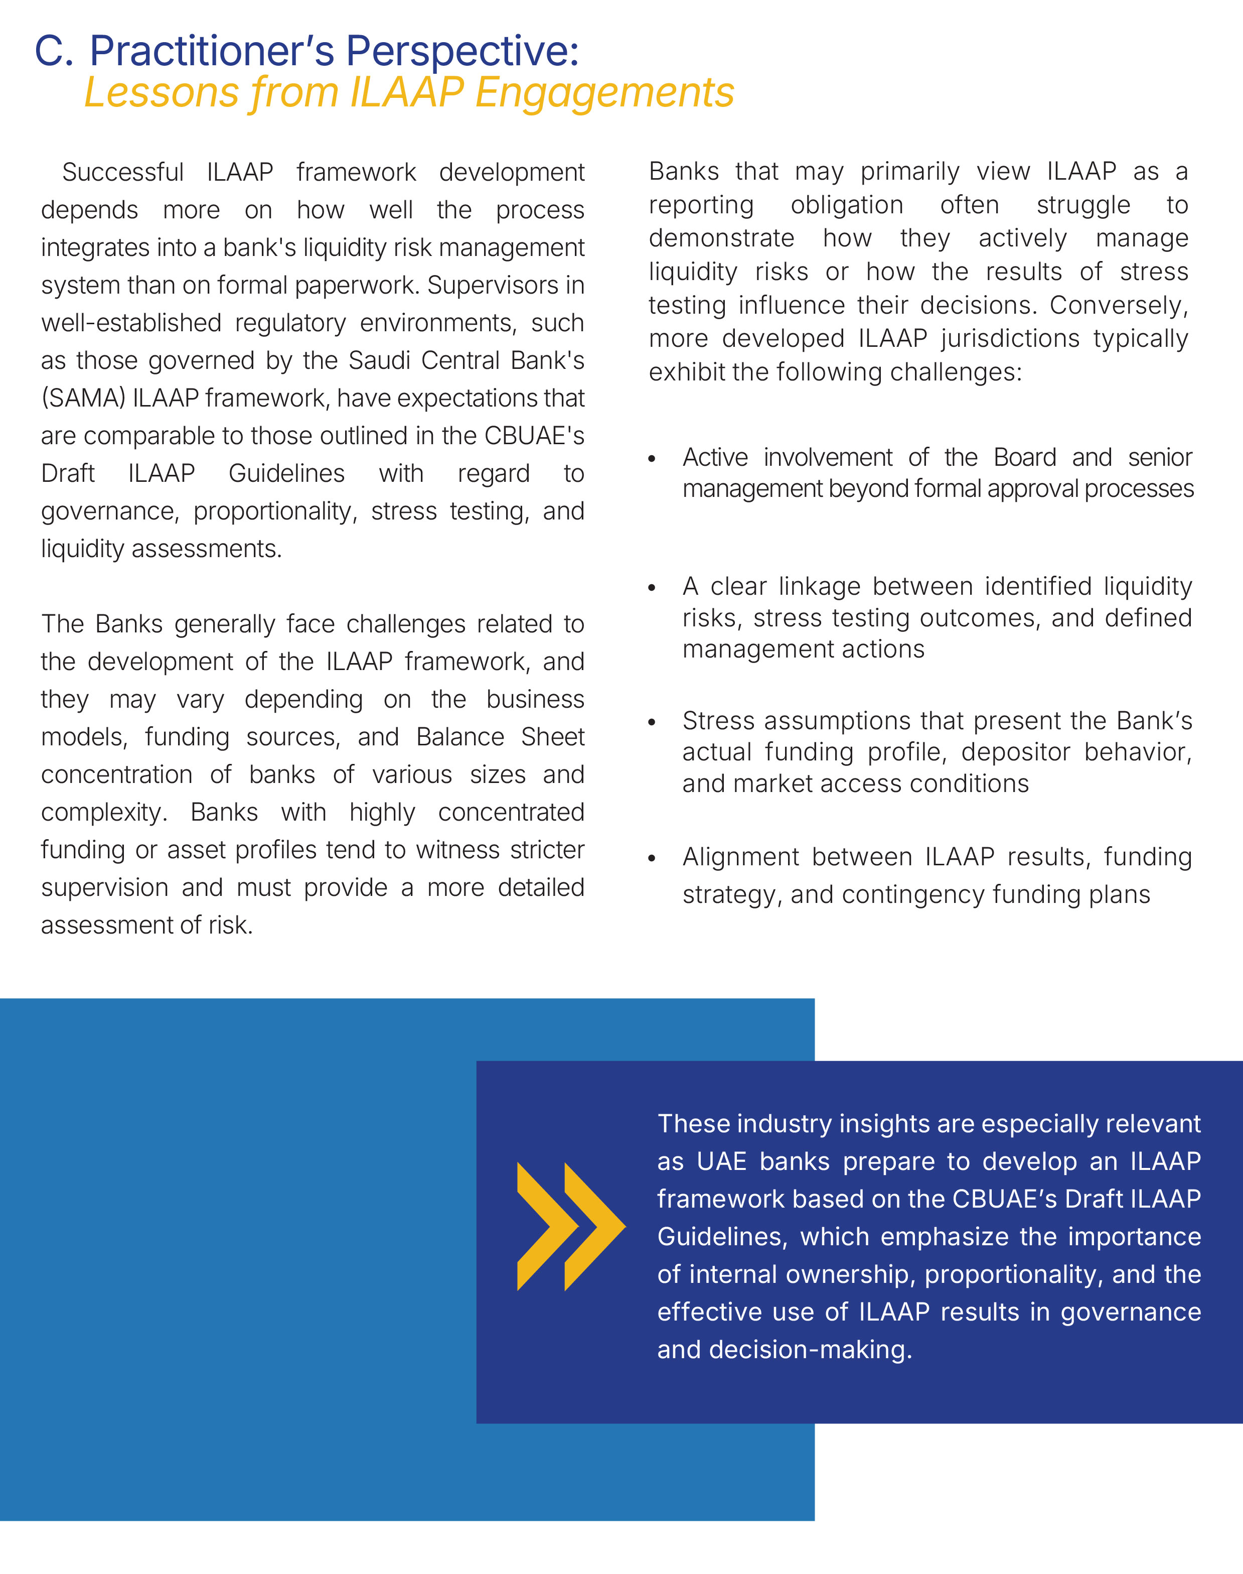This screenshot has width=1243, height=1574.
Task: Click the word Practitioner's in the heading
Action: click(x=211, y=51)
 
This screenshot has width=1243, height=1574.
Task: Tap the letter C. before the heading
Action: click(x=54, y=51)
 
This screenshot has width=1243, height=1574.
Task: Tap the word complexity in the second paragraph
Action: click(x=102, y=812)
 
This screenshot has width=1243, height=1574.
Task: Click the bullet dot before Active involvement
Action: click(x=652, y=459)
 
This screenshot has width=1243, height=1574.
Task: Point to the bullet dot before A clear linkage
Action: click(x=652, y=588)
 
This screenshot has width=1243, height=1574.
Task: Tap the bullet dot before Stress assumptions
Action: click(x=652, y=722)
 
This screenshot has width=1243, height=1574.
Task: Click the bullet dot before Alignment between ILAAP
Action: click(x=652, y=858)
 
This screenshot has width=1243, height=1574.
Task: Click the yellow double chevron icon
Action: click(x=570, y=1227)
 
